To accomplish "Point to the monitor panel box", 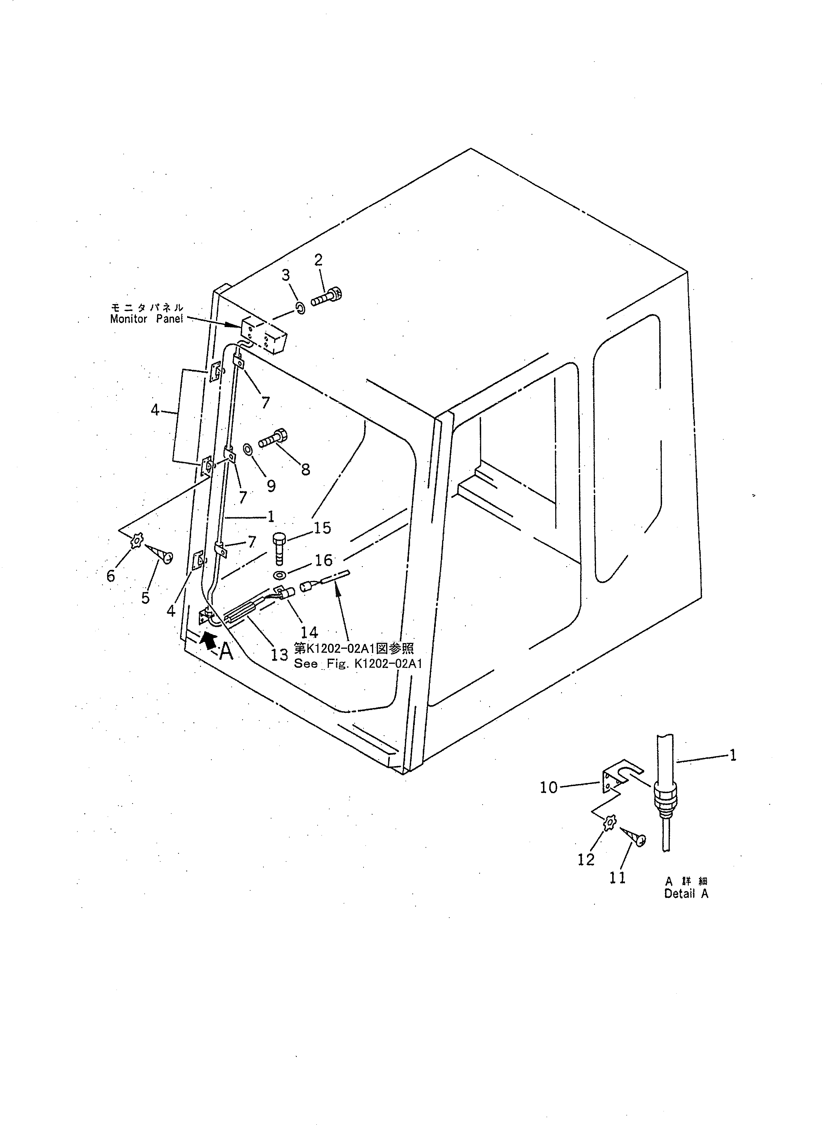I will point(265,336).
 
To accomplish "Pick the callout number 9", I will point(271,485).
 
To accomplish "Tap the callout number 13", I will point(279,655).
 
